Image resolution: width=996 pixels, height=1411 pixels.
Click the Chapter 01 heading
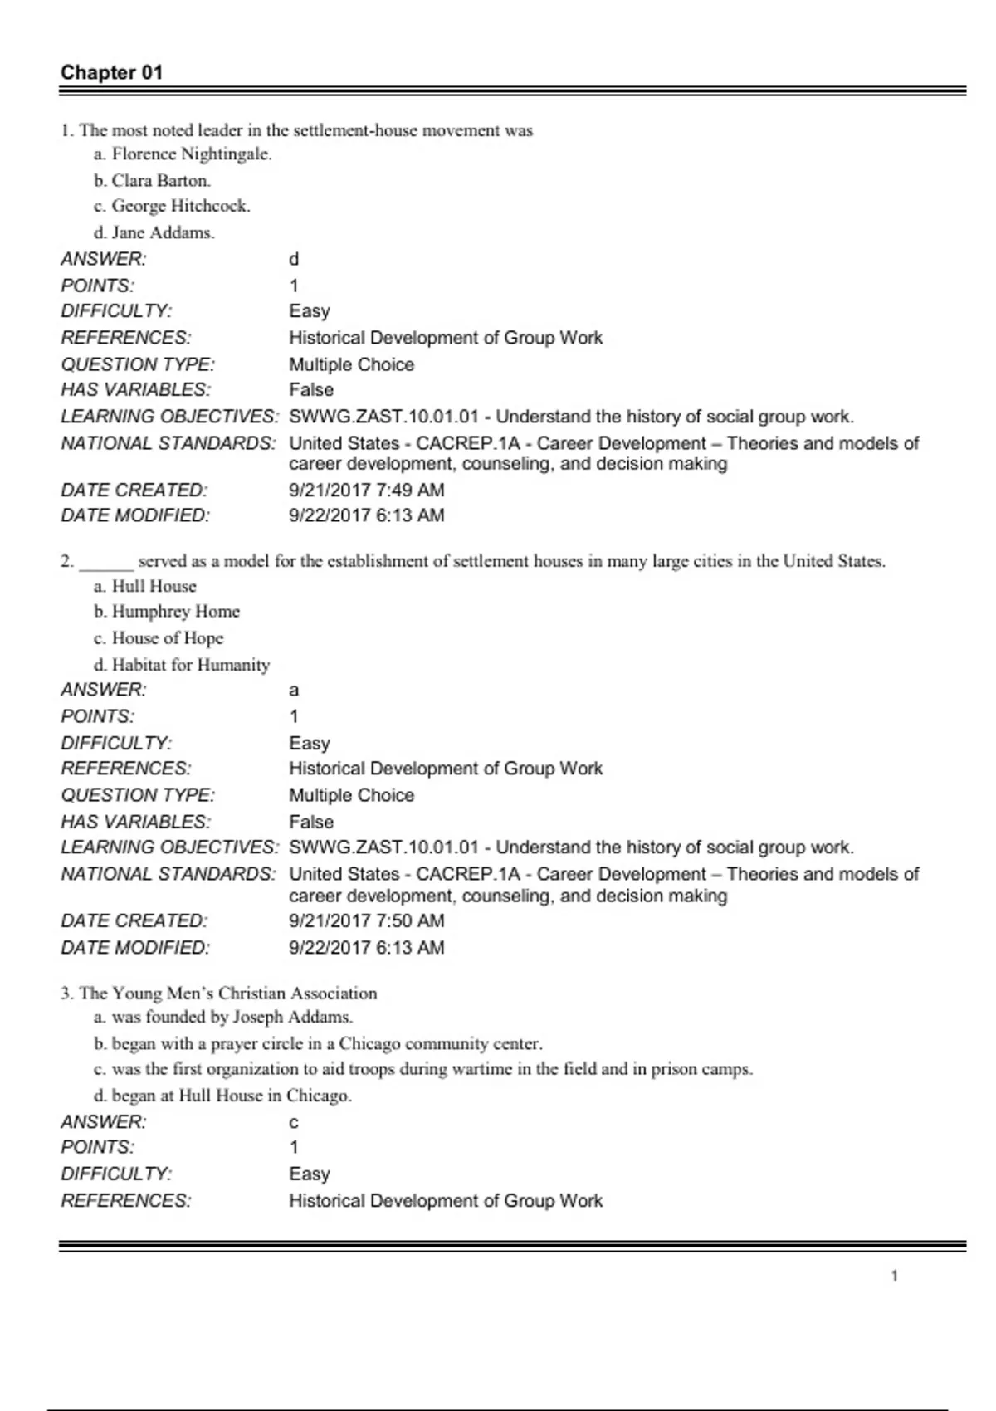(111, 72)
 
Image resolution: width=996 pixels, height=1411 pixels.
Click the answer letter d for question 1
(294, 259)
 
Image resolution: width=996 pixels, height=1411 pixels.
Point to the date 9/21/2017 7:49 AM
(366, 490)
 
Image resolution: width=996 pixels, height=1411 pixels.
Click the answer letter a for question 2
(294, 690)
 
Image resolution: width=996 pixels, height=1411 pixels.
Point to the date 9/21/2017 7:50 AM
(366, 920)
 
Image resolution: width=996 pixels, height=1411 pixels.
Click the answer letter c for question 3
(294, 1122)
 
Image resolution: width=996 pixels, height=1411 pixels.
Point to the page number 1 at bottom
(894, 1276)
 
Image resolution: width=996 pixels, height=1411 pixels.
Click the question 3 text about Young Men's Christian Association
(227, 994)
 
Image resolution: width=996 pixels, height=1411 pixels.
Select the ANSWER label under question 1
(104, 259)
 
